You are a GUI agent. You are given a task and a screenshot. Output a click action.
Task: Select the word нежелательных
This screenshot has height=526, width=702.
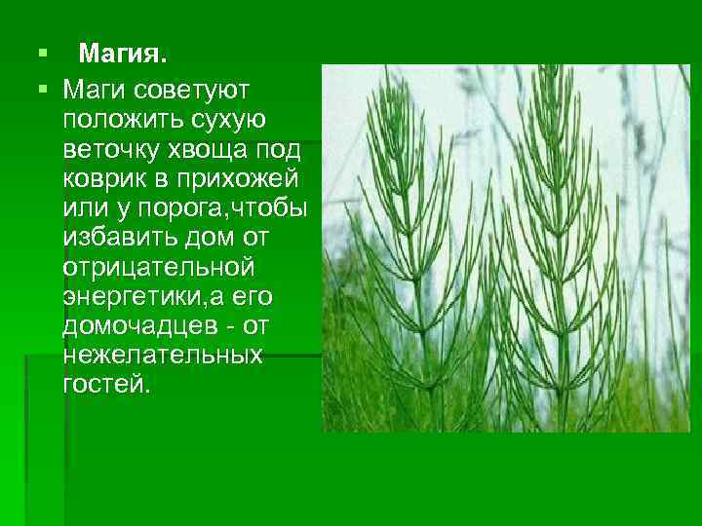click(162, 354)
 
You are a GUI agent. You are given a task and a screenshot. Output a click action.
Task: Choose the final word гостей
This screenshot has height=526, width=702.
click(106, 383)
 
